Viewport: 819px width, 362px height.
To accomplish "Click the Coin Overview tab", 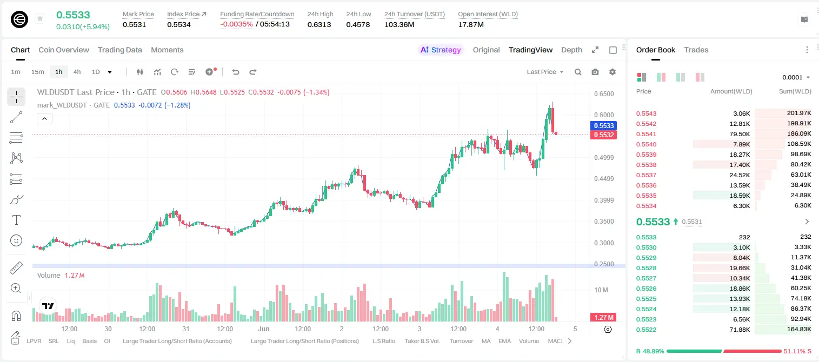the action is tap(64, 50).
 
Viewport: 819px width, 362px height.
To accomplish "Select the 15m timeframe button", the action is tap(37, 72).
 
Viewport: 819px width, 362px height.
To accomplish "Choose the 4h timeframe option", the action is tap(77, 72).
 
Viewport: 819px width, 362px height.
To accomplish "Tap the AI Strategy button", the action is tap(440, 50).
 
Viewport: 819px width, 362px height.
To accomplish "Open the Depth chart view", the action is tap(571, 50).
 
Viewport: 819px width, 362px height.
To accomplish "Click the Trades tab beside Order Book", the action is tap(696, 50).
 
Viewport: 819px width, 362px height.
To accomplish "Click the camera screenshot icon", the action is tap(595, 72).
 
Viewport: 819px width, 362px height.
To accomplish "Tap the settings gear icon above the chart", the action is tap(612, 72).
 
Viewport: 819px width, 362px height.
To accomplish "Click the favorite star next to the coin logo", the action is tap(40, 18).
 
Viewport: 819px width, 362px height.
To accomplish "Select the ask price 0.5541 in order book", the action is tap(646, 134).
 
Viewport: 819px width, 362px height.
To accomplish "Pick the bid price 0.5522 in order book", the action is tap(646, 330).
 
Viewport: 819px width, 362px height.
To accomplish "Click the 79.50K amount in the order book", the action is tap(740, 134).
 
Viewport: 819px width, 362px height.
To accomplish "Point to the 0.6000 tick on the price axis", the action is tap(604, 115).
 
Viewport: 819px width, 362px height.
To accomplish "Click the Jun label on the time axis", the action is tap(264, 329).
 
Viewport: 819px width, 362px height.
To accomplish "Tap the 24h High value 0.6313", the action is tap(319, 24).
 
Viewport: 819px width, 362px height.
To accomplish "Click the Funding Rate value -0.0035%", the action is tap(236, 24).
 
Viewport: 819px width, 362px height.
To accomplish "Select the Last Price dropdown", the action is tap(545, 72).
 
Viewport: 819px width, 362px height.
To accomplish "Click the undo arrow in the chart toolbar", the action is tap(236, 72).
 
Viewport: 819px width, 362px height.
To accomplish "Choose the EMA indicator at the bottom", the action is tap(504, 341).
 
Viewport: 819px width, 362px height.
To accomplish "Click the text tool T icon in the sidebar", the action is tap(16, 220).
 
